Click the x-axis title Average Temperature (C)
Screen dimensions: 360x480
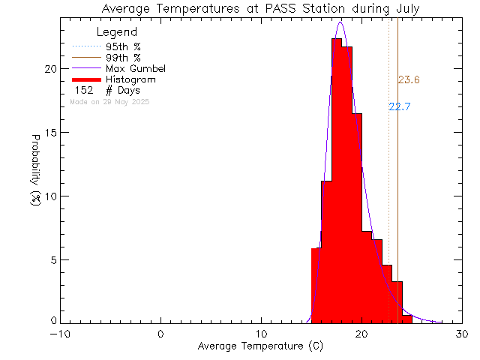pos(260,346)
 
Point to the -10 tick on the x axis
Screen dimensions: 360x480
pos(61,334)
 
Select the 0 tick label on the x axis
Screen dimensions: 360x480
pos(161,334)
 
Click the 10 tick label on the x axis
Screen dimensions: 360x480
pos(261,334)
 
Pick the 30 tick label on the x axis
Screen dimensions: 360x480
pos(462,334)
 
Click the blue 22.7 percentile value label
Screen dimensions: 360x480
pos(399,106)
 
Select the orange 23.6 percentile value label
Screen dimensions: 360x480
pos(409,80)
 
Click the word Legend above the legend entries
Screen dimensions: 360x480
pos(117,32)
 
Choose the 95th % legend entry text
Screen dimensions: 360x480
pos(123,46)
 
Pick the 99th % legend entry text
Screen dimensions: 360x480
pos(123,58)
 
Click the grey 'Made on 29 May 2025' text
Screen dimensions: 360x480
pos(109,101)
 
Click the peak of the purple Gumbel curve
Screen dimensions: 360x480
pos(340,22)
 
